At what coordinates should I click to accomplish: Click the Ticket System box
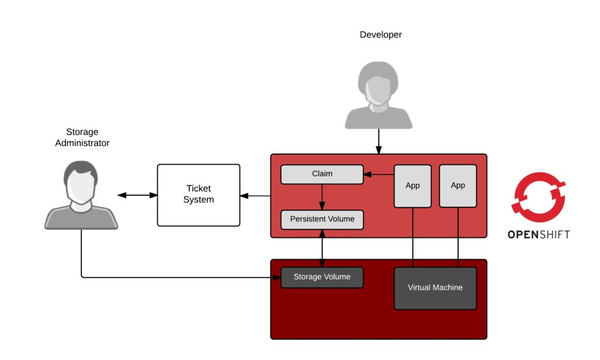click(198, 194)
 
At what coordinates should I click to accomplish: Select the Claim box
click(321, 175)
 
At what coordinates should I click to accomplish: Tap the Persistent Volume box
click(321, 218)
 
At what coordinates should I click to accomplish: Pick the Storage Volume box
click(321, 276)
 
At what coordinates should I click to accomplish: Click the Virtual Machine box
click(435, 287)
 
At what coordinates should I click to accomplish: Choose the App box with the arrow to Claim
click(412, 185)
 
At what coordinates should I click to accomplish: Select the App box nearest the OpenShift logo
click(458, 185)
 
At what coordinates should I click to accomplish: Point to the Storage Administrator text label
click(81, 136)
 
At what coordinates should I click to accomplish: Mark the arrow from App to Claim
click(378, 175)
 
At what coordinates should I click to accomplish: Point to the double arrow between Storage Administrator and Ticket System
click(136, 195)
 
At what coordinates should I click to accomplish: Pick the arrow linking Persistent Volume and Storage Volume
click(321, 247)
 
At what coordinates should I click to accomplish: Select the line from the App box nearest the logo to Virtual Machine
click(458, 237)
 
